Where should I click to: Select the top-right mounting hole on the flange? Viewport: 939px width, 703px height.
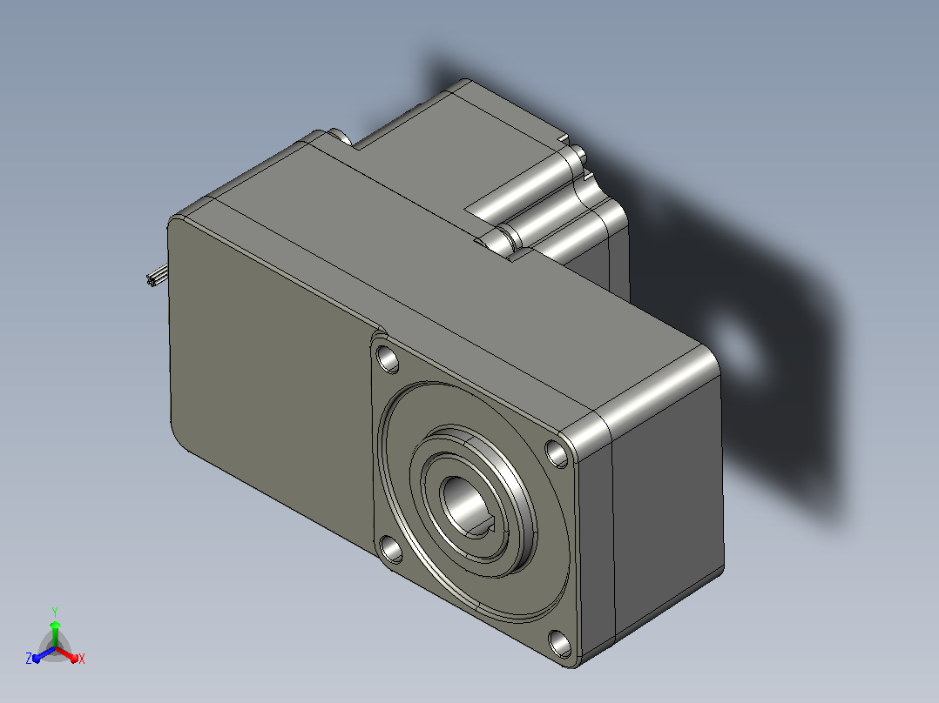(557, 453)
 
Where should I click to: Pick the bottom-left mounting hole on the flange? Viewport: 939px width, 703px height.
(392, 549)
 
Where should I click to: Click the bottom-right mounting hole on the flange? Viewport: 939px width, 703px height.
(561, 643)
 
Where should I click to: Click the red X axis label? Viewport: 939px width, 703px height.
(82, 659)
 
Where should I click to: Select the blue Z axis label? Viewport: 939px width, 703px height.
(29, 658)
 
